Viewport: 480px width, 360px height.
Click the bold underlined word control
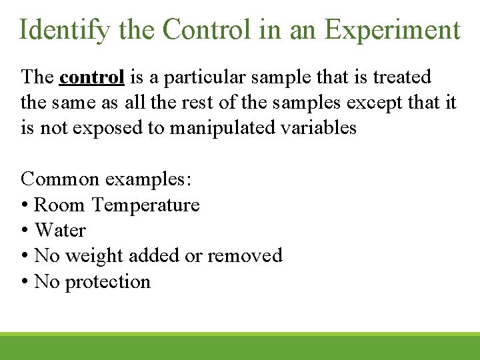pos(91,77)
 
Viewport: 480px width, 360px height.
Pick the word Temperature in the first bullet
pos(145,205)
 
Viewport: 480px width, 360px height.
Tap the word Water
pos(60,231)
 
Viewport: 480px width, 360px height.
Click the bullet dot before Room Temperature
pos(25,205)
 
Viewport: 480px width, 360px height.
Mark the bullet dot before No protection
pos(25,282)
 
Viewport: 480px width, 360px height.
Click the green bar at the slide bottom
pos(240,347)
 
